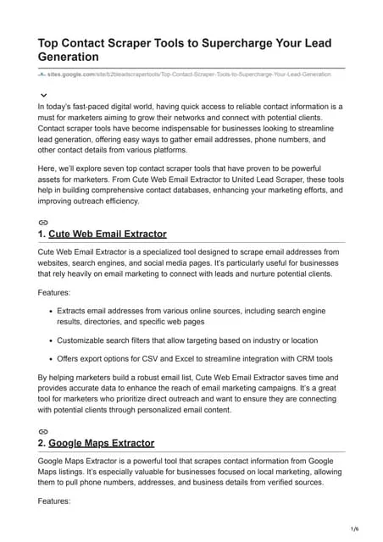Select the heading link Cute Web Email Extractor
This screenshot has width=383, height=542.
click(108, 234)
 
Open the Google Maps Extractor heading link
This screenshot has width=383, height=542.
click(101, 443)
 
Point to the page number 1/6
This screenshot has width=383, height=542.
click(354, 528)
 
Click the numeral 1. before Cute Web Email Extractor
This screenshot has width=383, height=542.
click(42, 234)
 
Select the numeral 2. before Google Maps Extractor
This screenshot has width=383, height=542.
click(42, 443)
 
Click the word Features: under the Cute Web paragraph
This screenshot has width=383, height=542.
click(56, 292)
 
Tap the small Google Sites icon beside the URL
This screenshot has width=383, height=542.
click(42, 75)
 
